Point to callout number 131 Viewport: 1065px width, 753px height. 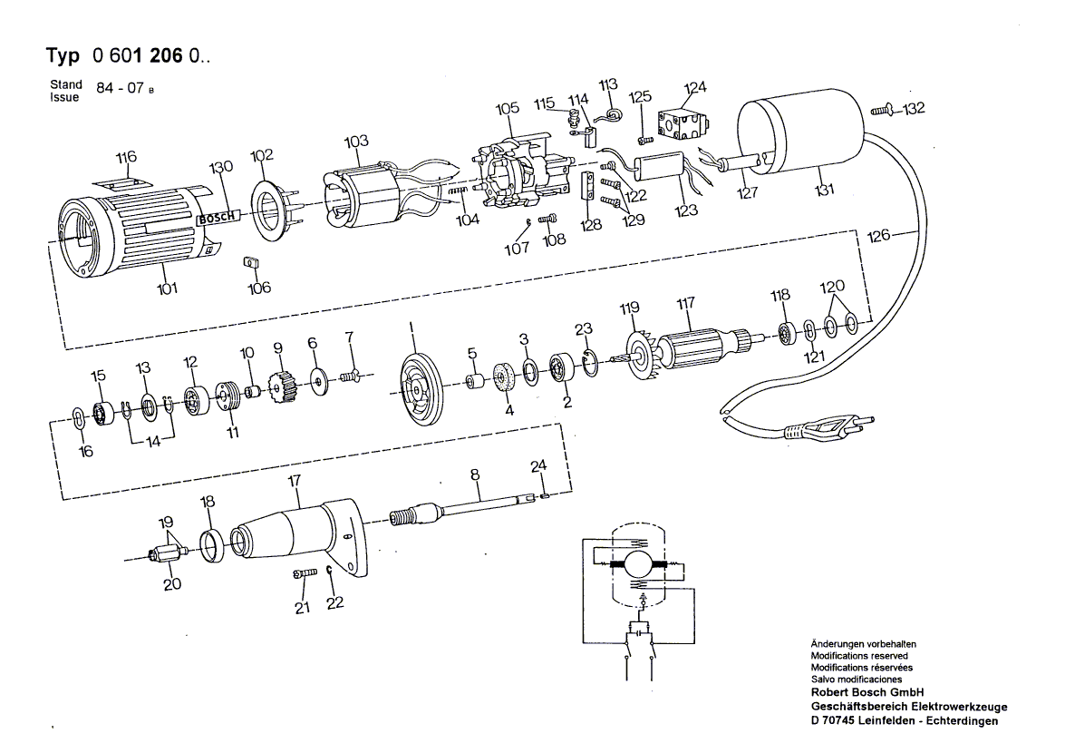click(825, 191)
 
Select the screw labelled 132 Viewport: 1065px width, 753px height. click(881, 110)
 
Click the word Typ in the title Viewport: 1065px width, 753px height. click(63, 55)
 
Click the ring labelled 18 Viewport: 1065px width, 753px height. click(211, 543)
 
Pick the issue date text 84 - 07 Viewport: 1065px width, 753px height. click(117, 92)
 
